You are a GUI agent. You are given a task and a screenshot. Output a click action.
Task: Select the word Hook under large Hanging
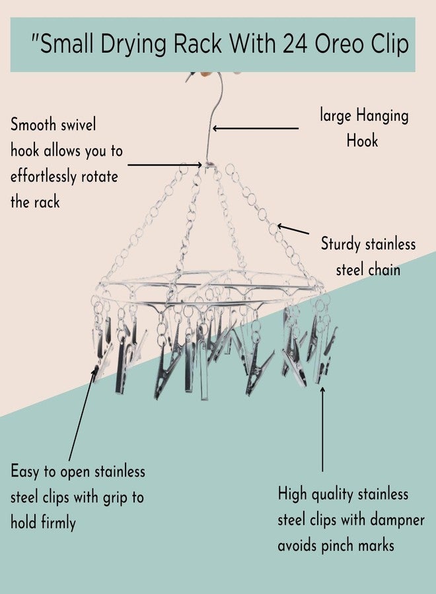point(362,141)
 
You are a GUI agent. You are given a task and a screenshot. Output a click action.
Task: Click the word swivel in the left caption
point(79,125)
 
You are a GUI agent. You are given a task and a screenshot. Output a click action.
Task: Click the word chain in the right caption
point(384,270)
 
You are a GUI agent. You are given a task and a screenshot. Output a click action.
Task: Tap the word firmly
point(58,523)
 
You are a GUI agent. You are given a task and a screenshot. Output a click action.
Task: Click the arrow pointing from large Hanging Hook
point(256,129)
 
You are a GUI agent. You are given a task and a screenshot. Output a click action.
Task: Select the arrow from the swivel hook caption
point(165,165)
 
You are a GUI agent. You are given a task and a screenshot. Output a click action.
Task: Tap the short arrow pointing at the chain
point(293,229)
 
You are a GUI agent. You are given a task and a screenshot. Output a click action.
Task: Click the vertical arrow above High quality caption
point(322,429)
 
